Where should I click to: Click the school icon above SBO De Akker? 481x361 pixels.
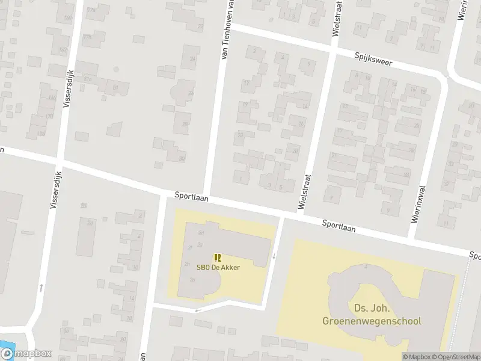pos(217,258)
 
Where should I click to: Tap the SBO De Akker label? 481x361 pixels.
pos(218,267)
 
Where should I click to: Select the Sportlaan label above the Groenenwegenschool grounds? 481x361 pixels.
pos(338,226)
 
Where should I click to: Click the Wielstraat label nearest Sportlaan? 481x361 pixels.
pos(305,192)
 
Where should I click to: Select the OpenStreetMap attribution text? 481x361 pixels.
pos(457,357)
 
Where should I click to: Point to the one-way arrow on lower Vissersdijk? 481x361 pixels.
pos(41,288)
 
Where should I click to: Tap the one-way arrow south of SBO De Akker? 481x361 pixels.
pos(197,310)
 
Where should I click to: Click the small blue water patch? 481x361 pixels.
pos(5,348)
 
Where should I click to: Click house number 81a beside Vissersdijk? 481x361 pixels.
pos(88,78)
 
